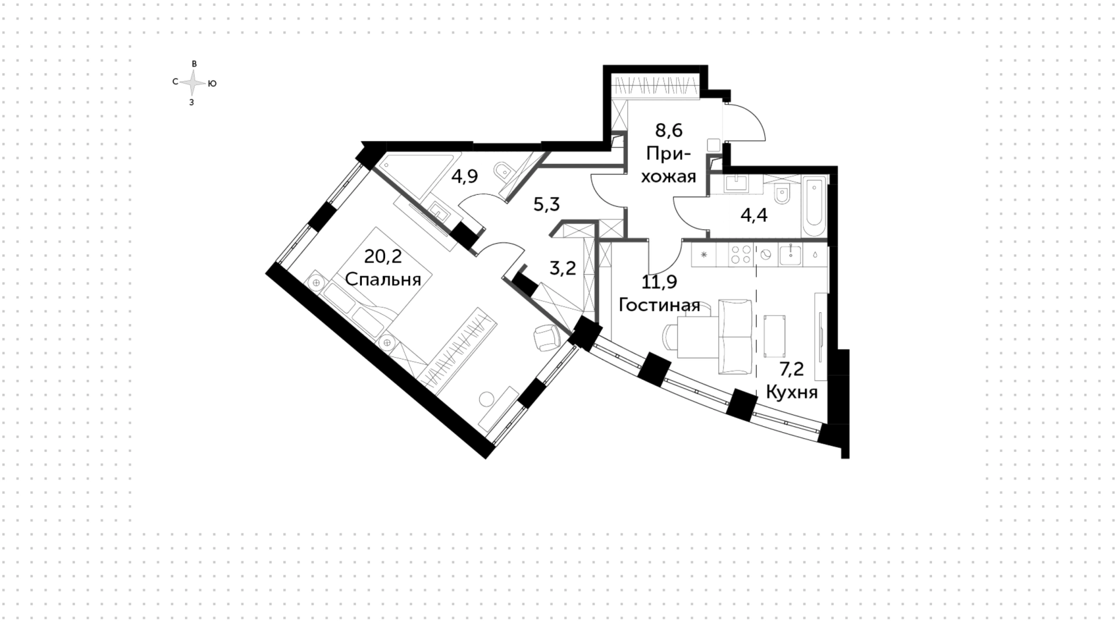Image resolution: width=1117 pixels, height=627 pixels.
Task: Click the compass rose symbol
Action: click(193, 83)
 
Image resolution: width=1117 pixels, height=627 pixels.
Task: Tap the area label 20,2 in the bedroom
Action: click(383, 256)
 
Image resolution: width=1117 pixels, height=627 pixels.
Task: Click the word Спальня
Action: click(383, 279)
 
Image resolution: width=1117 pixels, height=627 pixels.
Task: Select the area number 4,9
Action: click(465, 176)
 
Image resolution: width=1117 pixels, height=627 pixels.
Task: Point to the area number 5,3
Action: click(546, 204)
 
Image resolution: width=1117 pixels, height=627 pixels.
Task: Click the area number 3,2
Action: click(563, 268)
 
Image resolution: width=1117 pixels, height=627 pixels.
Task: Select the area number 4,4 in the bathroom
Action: click(754, 216)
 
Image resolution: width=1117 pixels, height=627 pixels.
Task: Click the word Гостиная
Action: click(659, 305)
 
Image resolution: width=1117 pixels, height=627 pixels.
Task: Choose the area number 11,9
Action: click(659, 282)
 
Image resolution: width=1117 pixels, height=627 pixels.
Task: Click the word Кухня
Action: click(792, 393)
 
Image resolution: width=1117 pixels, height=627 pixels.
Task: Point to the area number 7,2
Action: click(791, 370)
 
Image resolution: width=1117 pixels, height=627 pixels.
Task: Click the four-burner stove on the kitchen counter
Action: click(741, 255)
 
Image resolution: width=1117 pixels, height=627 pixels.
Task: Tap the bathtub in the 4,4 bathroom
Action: click(813, 208)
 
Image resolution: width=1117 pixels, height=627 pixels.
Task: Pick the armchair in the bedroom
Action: click(546, 337)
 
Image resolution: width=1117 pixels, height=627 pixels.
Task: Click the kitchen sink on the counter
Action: click(790, 254)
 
